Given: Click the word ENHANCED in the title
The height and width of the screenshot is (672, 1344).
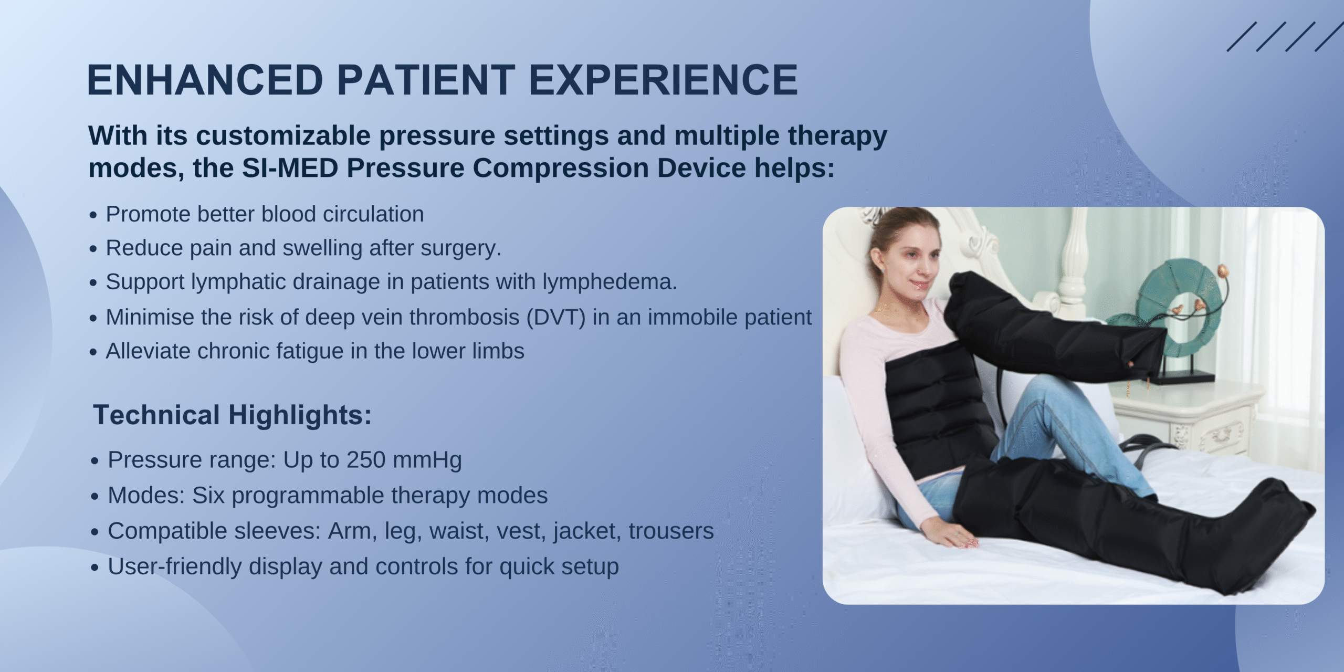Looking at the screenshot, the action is [x=205, y=80].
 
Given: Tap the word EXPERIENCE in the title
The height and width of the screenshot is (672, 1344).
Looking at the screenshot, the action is [x=663, y=80].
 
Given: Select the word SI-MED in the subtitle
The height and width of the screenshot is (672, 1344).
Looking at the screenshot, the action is [x=290, y=168].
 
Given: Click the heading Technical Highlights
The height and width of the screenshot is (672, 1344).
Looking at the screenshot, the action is [x=233, y=415].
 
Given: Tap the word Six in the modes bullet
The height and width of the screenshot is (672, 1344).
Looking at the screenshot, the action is [x=208, y=495].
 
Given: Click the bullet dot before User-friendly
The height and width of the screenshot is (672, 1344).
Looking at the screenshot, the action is [x=94, y=568].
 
